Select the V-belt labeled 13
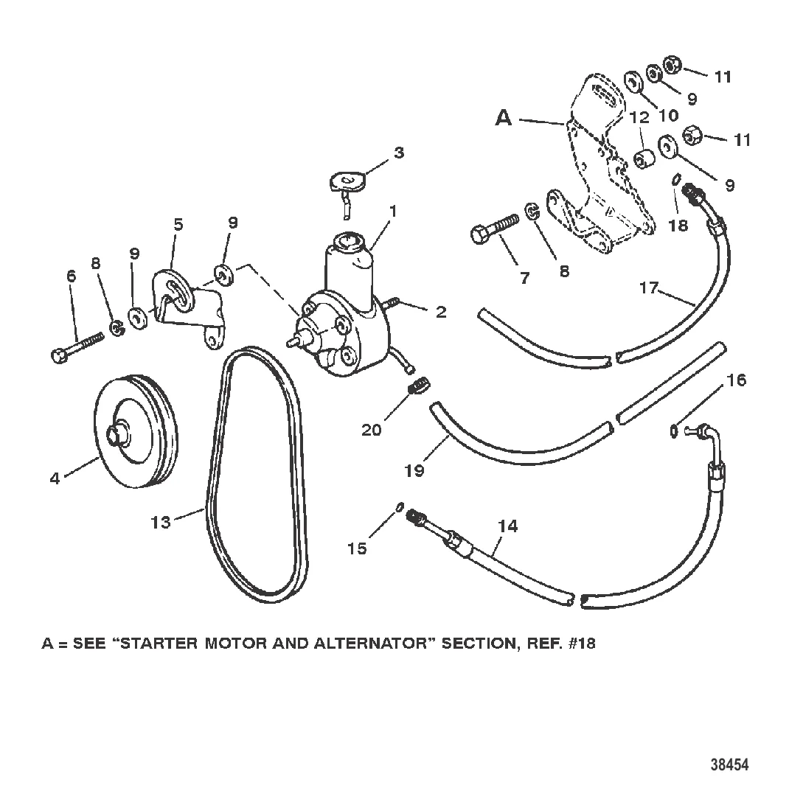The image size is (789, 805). tap(257, 475)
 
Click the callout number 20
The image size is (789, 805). tap(372, 429)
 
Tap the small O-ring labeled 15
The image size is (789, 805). tap(399, 507)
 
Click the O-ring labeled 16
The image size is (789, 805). tap(673, 431)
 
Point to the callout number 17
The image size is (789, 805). tap(649, 288)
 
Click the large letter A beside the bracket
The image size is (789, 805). tap(504, 118)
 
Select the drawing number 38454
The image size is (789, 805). tap(729, 764)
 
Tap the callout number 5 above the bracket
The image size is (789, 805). tap(178, 224)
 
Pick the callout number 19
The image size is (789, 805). tap(414, 470)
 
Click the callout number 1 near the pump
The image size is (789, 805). tap(394, 212)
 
